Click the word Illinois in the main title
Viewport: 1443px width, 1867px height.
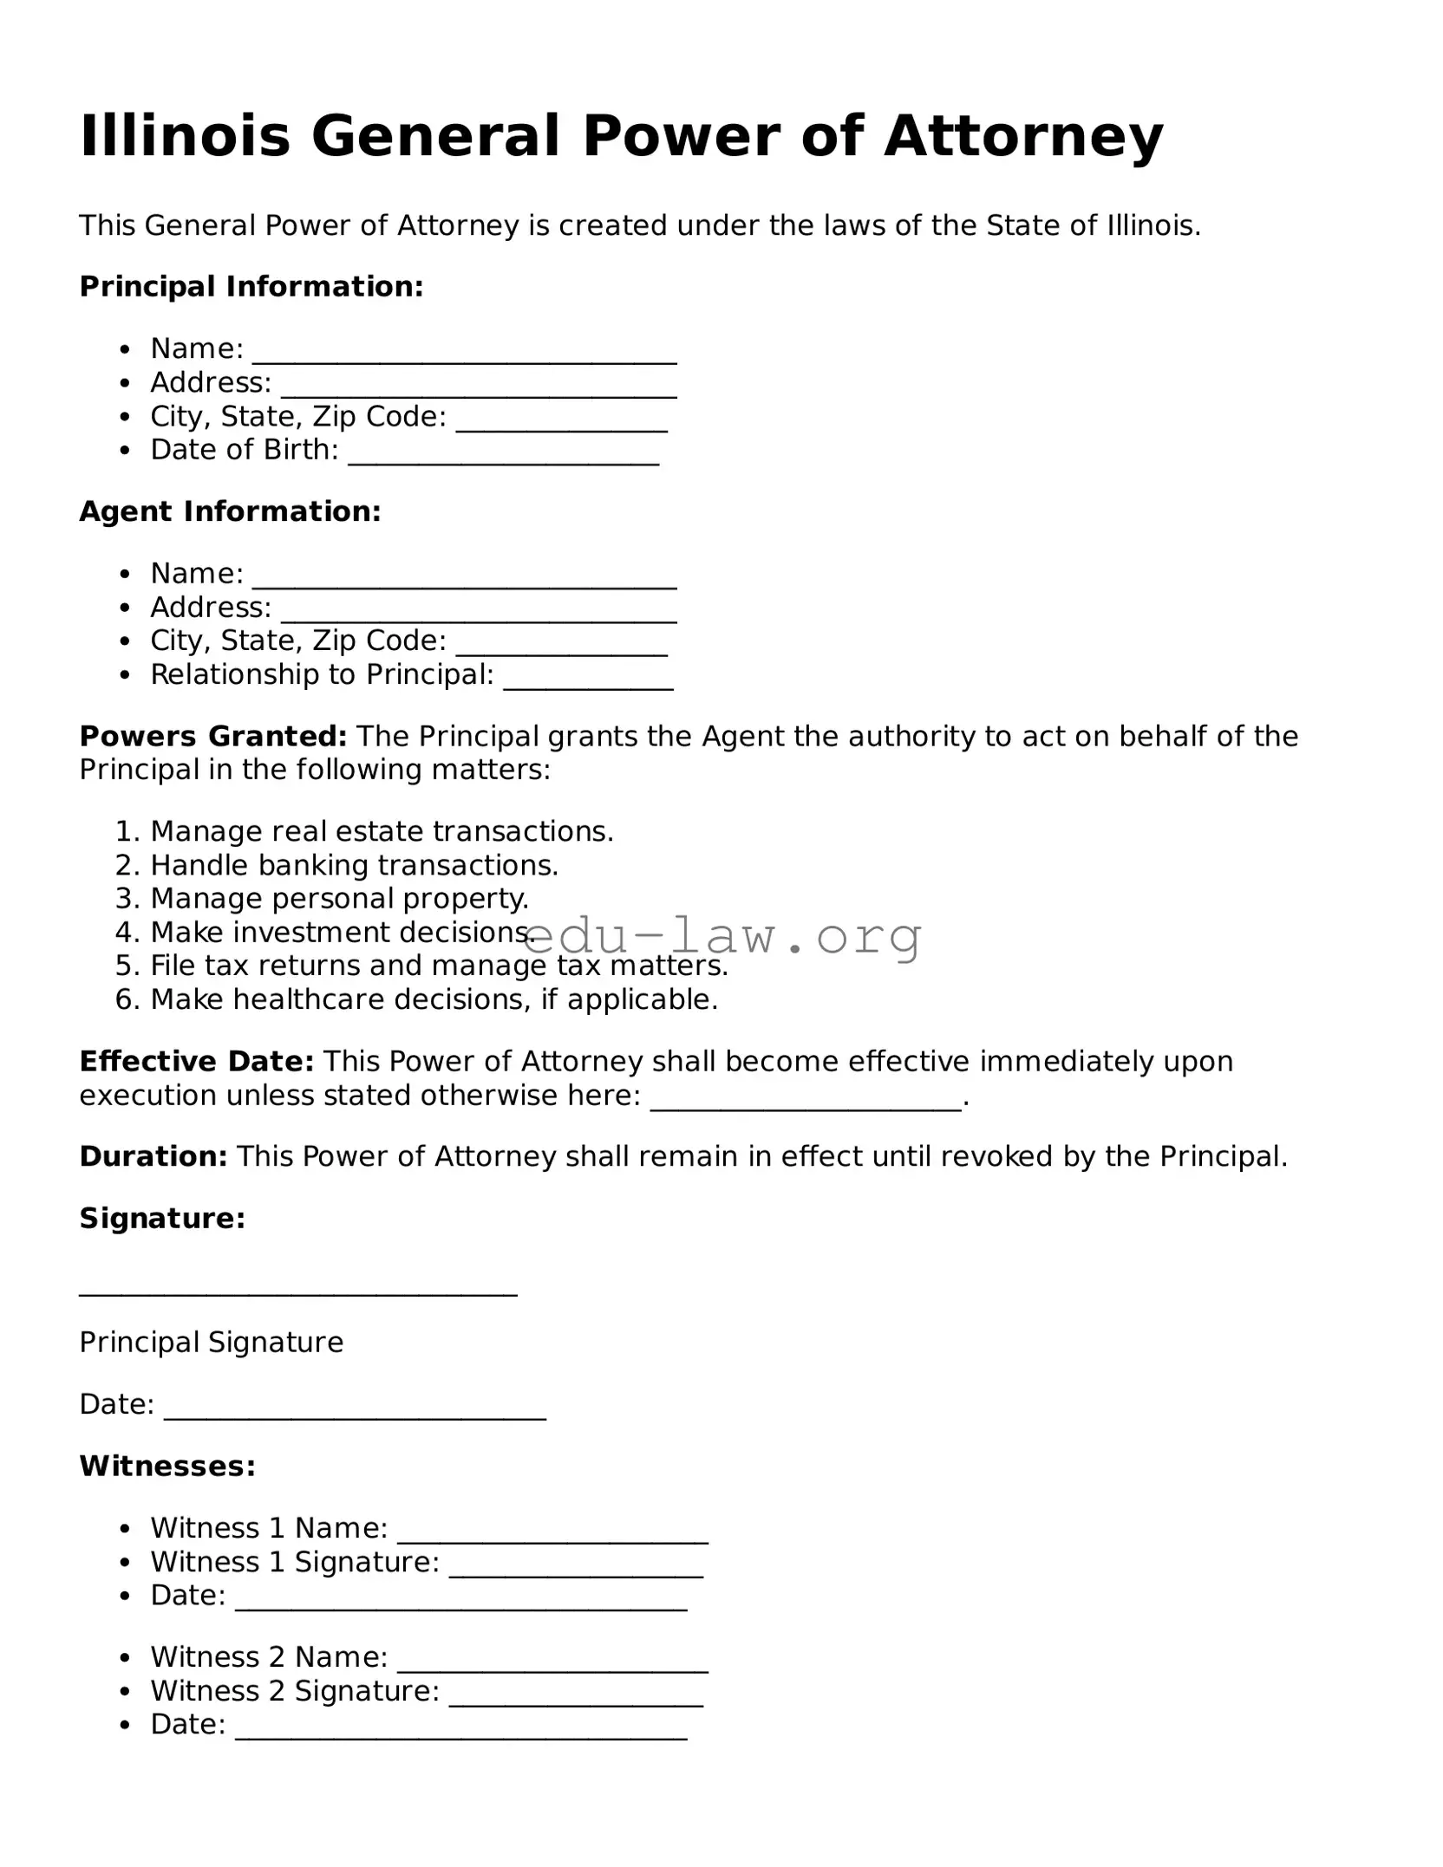pyautogui.click(x=185, y=136)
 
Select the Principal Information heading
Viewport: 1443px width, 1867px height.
pyautogui.click(x=251, y=286)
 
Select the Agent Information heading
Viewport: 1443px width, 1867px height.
pyautogui.click(x=230, y=511)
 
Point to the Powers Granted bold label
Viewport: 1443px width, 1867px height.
pyautogui.click(x=212, y=736)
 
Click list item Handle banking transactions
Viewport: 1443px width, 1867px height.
pyautogui.click(x=354, y=865)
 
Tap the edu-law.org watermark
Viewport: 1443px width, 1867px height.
pyautogui.click(x=722, y=937)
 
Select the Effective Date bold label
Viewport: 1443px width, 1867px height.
pyautogui.click(x=196, y=1061)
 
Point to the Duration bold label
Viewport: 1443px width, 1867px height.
pyautogui.click(x=153, y=1156)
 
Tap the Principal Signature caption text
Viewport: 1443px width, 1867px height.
pyautogui.click(x=211, y=1342)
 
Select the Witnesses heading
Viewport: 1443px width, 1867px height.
pyautogui.click(x=167, y=1466)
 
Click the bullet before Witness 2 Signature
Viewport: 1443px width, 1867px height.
pyautogui.click(x=127, y=1692)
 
